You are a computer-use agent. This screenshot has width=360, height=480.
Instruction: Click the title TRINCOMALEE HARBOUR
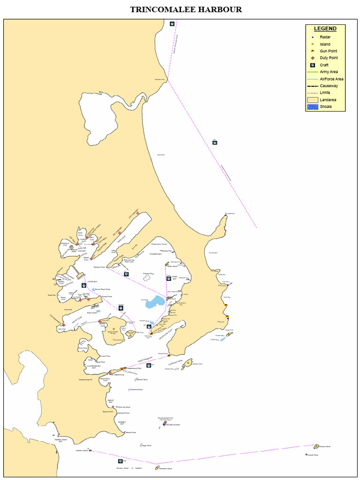click(x=186, y=9)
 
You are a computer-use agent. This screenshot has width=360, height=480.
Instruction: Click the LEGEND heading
click(x=325, y=29)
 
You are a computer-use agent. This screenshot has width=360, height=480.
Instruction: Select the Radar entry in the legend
click(x=325, y=37)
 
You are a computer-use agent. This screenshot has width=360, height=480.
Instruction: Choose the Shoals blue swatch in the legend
click(x=312, y=107)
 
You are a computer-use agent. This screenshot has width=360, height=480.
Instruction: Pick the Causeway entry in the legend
click(x=329, y=86)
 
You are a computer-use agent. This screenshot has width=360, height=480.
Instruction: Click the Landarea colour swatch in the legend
click(x=312, y=100)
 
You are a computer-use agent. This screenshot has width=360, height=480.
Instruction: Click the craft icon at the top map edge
click(x=172, y=24)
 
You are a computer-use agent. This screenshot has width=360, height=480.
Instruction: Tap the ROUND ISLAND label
click(x=173, y=425)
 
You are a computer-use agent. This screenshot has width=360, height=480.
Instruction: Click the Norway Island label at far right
click(x=325, y=446)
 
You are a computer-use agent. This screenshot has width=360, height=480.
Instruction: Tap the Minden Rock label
click(x=142, y=379)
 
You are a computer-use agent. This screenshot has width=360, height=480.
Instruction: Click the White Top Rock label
click(x=124, y=407)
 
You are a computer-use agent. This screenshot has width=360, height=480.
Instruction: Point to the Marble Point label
click(x=131, y=432)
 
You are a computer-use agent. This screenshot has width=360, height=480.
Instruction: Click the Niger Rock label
click(x=147, y=445)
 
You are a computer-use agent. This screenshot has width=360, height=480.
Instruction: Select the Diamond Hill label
click(x=108, y=412)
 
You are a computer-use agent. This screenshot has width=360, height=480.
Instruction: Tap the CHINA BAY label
click(x=92, y=282)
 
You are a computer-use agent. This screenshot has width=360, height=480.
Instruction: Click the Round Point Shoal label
click(x=103, y=289)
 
